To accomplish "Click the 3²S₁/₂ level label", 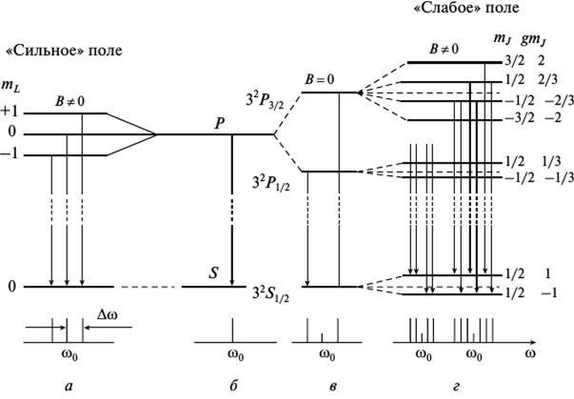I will [x=275, y=292].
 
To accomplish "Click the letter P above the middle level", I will [x=220, y=122].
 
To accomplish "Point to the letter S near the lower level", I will [x=214, y=273].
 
